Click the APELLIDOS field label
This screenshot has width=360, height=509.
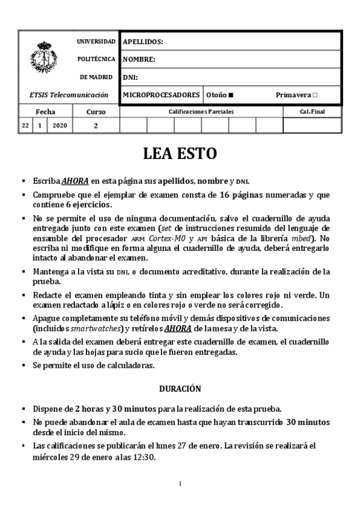click(142, 42)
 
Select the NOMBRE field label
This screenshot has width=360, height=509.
click(139, 59)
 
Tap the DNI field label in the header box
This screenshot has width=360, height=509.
click(130, 77)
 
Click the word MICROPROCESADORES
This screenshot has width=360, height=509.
click(161, 95)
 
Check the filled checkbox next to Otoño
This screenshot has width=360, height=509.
click(231, 95)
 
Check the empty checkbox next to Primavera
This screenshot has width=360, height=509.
click(315, 95)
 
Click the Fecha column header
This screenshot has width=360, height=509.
click(45, 112)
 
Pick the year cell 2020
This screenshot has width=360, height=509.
click(60, 125)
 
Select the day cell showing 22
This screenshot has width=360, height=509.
click(25, 125)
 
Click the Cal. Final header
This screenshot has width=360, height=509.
click(312, 112)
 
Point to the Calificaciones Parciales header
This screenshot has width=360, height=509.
click(201, 112)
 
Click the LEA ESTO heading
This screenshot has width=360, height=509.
click(180, 154)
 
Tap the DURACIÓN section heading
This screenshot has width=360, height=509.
click(180, 389)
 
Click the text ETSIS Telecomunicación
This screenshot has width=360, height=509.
click(69, 95)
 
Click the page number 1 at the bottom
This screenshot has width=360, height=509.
click(180, 484)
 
